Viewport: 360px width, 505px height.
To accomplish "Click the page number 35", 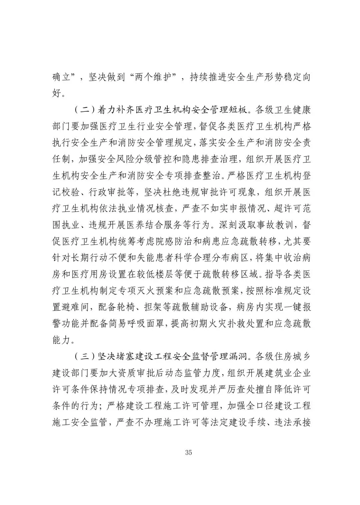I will point(188,453).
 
